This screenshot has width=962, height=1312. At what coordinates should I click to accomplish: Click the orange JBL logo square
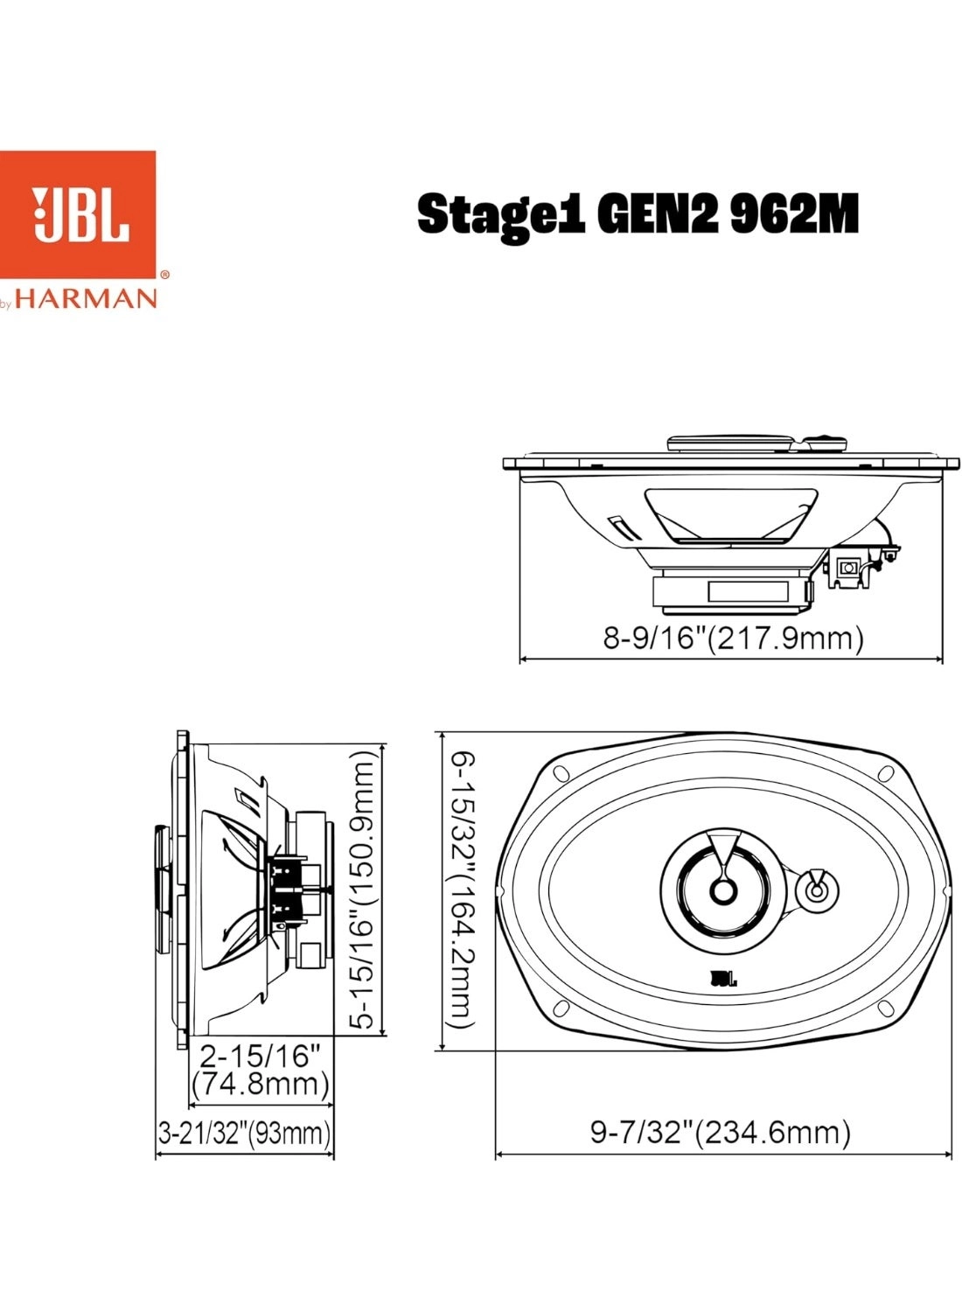click(x=78, y=214)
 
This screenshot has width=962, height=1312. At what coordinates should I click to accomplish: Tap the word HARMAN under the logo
click(x=87, y=299)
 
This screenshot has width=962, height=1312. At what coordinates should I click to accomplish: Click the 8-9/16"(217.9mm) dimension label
click(x=733, y=638)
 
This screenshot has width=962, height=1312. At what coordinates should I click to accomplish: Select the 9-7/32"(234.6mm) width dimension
click(x=720, y=1133)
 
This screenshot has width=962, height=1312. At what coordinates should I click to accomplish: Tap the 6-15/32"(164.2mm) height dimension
click(x=462, y=890)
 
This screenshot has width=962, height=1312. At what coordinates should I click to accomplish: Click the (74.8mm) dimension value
click(x=260, y=1085)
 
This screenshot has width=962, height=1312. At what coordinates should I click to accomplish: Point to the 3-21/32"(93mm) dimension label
click(x=245, y=1134)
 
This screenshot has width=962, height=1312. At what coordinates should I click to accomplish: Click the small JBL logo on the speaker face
click(x=722, y=979)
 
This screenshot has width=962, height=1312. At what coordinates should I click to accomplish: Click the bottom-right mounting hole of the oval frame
click(x=886, y=1008)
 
